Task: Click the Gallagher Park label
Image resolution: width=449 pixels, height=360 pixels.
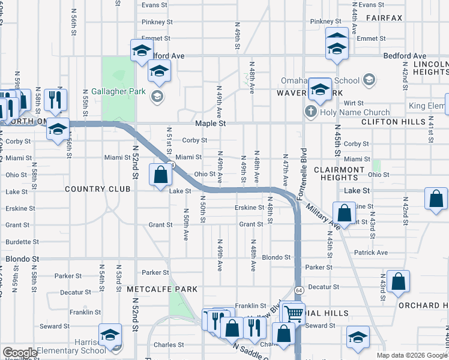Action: [x=118, y=92]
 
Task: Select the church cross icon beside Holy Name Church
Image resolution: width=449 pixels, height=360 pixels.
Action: [x=310, y=111]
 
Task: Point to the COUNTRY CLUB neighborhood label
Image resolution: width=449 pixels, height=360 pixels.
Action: [x=98, y=189]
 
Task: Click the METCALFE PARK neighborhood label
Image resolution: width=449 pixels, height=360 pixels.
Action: [x=162, y=289]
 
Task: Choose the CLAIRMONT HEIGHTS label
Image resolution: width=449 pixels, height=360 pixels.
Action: [x=355, y=173]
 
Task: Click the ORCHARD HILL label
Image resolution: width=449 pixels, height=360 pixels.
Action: [x=423, y=305]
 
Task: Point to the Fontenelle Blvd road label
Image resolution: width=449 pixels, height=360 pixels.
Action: [x=304, y=169]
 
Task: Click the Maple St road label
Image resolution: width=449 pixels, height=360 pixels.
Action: [x=209, y=123]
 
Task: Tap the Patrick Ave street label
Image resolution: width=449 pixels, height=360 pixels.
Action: [x=370, y=253]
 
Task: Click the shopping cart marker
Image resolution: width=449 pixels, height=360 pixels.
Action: [x=294, y=313]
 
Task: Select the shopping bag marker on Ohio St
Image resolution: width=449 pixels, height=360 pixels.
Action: [x=160, y=176]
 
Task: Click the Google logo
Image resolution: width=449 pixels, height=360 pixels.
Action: [x=20, y=353]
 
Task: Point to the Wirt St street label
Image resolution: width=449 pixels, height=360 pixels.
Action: [x=350, y=103]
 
